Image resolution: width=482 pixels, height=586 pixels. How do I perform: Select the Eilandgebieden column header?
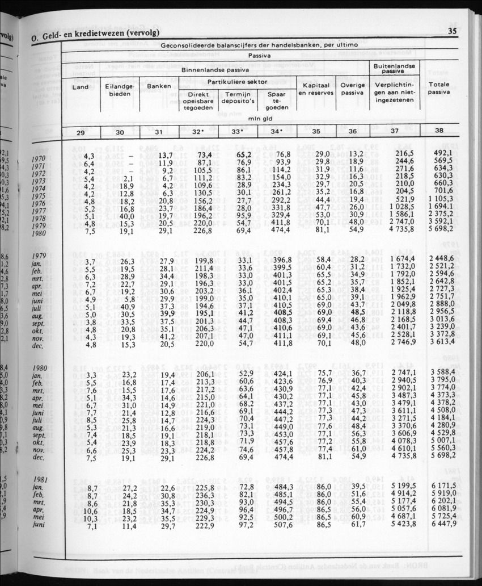(120, 91)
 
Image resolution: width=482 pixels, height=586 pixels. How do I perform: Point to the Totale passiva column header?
(439, 88)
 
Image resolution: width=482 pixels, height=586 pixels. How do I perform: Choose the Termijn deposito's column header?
(238, 99)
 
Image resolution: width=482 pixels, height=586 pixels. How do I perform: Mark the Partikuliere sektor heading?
(238, 82)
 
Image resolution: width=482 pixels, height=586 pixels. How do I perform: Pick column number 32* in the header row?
(198, 132)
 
